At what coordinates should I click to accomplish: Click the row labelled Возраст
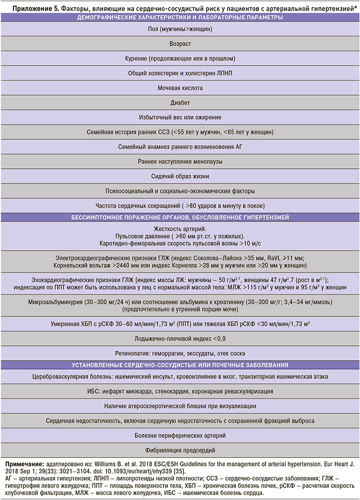[x=180, y=44]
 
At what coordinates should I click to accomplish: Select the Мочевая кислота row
[x=180, y=88]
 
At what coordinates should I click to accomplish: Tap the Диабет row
[x=180, y=103]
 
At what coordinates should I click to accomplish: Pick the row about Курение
[x=180, y=59]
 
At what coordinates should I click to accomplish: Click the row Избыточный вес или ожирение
[x=180, y=118]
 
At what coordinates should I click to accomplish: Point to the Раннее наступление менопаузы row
[x=180, y=162]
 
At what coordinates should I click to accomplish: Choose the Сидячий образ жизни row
[x=180, y=177]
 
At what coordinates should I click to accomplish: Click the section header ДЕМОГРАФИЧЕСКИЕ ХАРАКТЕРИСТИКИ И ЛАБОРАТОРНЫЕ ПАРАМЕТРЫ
[x=180, y=18]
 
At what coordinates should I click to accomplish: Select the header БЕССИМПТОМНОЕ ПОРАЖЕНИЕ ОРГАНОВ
[x=180, y=218]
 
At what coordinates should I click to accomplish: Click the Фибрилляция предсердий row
[x=180, y=450]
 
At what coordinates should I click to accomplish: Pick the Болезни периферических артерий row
[x=180, y=435]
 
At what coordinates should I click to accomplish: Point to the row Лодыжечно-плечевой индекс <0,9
[x=180, y=339]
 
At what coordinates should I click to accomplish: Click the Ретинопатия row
[x=180, y=353]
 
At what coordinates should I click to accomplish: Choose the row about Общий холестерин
[x=180, y=73]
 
